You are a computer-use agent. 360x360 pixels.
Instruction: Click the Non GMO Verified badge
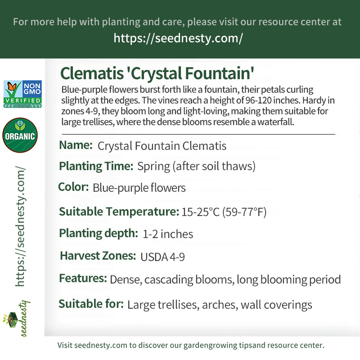(22, 94)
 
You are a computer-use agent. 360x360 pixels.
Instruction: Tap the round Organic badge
(20, 135)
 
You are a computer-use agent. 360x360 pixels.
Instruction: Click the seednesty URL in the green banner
(178, 38)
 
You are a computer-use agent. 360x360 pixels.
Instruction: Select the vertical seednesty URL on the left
(20, 226)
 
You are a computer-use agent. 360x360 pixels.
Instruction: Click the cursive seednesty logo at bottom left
(17, 319)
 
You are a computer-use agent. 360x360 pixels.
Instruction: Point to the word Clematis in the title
(92, 73)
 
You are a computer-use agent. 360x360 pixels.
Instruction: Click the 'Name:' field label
(76, 145)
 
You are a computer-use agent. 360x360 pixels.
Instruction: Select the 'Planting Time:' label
(96, 166)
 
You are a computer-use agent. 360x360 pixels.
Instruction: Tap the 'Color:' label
(73, 187)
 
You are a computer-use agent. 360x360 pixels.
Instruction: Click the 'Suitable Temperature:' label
(119, 211)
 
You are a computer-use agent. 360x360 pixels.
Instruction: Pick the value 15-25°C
(200, 212)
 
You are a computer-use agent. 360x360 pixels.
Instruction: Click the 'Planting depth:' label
(99, 234)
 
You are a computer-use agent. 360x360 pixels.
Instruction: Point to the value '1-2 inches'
(168, 234)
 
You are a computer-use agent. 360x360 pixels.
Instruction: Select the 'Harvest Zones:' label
(98, 256)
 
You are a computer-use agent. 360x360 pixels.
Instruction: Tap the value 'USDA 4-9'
(162, 257)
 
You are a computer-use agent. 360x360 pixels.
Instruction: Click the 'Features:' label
(83, 278)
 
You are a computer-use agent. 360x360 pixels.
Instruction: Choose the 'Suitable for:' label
(91, 304)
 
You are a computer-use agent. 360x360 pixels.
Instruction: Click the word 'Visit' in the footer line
(65, 345)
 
